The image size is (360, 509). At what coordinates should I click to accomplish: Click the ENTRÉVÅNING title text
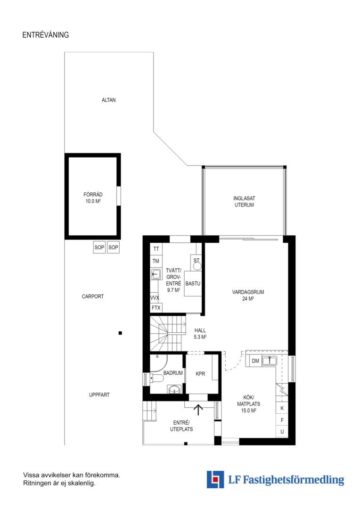coord(45,35)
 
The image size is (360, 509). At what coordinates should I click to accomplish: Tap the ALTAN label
coord(108,100)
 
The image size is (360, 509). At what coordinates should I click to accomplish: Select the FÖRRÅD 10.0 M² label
coord(93,197)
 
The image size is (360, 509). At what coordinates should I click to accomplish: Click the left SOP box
coord(99,247)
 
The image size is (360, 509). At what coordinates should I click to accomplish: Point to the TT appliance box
coord(156,249)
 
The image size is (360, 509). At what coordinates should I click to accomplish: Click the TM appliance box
coord(156,261)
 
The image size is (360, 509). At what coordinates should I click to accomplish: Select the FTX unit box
coord(156,307)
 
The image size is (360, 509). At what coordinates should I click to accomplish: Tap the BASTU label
coord(193,283)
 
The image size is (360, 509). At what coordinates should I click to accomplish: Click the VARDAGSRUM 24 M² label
coord(248,296)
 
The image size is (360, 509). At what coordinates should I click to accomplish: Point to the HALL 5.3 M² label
coord(200,334)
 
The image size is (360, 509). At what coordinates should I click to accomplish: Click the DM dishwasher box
coord(255,361)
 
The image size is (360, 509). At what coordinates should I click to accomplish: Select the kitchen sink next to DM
coord(270,361)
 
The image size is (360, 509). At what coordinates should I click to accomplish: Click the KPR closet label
coord(200,374)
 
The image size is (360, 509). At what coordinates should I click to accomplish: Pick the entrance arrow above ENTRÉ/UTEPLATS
coord(198,410)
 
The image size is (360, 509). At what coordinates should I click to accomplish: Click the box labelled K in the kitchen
coord(282,408)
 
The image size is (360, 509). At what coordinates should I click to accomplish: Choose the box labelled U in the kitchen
coord(282,432)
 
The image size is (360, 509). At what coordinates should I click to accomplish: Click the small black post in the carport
coord(120,333)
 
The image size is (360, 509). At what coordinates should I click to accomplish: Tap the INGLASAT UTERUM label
coord(244,202)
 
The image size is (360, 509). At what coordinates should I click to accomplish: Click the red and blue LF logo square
coord(215,479)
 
